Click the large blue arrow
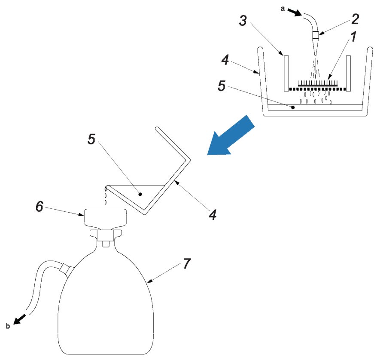(231, 136)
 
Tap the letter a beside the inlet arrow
(283, 9)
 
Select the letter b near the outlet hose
(8, 326)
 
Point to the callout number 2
(355, 19)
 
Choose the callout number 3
(243, 21)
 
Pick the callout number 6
(40, 206)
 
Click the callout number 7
(187, 264)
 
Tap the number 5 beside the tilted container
(91, 139)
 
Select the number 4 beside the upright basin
(225, 60)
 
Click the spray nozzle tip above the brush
(316, 55)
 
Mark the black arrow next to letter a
(295, 12)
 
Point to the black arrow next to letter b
(19, 319)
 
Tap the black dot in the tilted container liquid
(140, 194)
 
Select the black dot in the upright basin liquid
(293, 107)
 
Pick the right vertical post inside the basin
(348, 73)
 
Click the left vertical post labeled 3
(286, 73)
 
